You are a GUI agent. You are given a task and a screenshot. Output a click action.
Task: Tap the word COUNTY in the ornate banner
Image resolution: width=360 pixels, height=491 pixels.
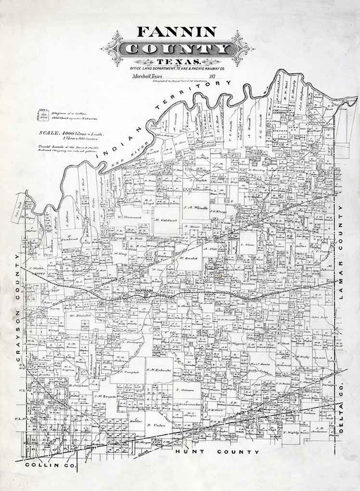click(x=177, y=49)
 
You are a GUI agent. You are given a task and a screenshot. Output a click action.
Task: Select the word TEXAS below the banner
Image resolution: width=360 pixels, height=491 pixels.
click(x=177, y=62)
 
